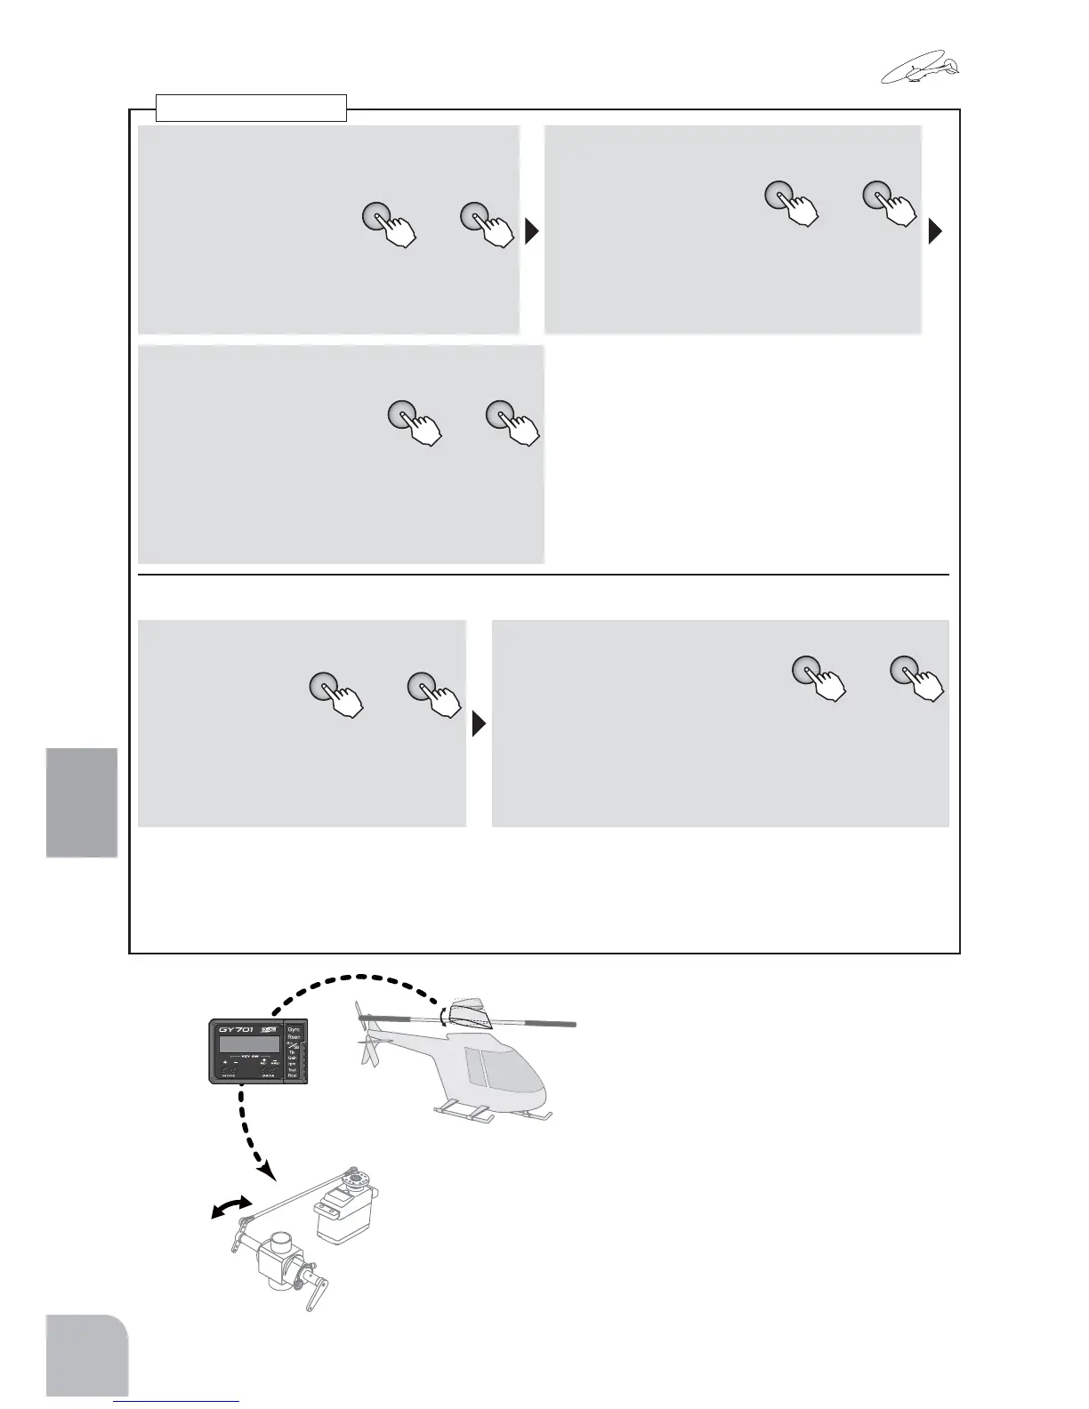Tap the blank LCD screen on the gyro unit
tap(246, 1045)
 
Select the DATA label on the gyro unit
tap(268, 1077)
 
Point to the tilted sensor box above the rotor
tap(469, 1012)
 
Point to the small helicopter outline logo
tap(920, 69)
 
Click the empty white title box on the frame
tap(251, 108)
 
